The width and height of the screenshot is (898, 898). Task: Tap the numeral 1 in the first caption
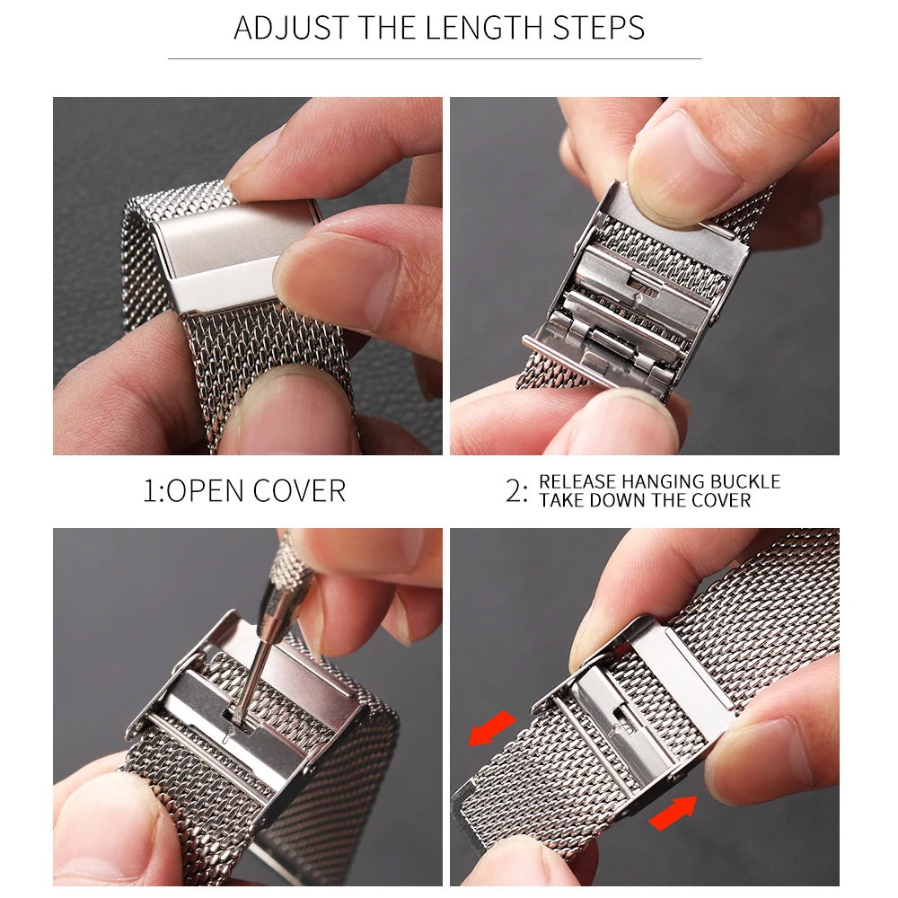tap(150, 491)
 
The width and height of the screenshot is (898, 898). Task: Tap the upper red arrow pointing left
tap(491, 727)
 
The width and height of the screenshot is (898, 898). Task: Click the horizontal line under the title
tap(435, 59)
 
